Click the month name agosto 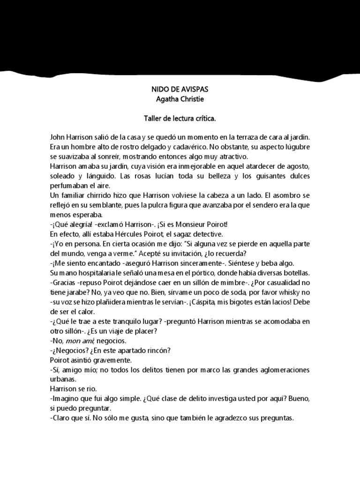tap(300, 166)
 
